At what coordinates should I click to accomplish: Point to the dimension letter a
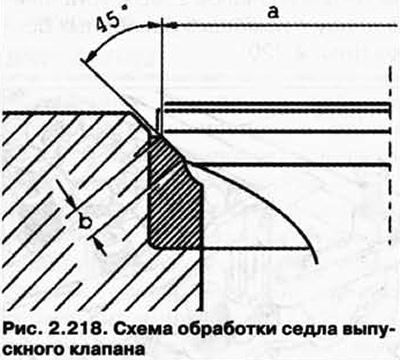point(272,11)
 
